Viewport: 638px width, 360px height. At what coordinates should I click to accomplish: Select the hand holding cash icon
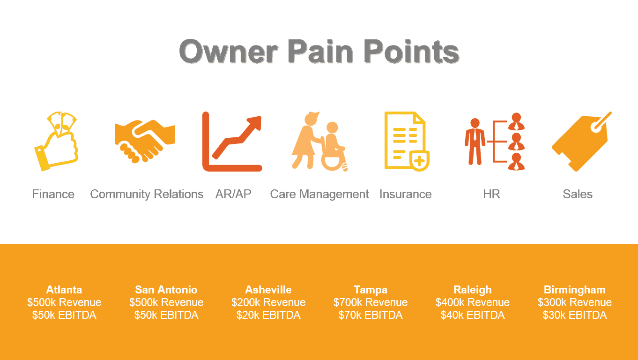pyautogui.click(x=56, y=142)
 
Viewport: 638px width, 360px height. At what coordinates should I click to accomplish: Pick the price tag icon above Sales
pyautogui.click(x=581, y=142)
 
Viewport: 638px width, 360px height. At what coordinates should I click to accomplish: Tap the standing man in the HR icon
pyautogui.click(x=475, y=142)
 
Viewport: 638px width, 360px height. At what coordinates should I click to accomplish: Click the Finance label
pyautogui.click(x=53, y=194)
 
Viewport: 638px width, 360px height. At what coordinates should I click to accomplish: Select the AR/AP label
pyautogui.click(x=233, y=194)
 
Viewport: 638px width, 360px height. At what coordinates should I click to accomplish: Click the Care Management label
pyautogui.click(x=319, y=195)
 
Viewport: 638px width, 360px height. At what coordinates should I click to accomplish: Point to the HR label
pyautogui.click(x=491, y=194)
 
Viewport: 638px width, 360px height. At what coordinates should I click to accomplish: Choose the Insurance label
pyautogui.click(x=406, y=194)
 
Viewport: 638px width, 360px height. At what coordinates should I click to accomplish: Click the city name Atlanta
pyautogui.click(x=64, y=290)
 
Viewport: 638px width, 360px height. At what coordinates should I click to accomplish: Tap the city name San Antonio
pyautogui.click(x=166, y=290)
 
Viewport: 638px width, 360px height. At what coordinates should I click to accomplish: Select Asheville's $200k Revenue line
pyautogui.click(x=268, y=302)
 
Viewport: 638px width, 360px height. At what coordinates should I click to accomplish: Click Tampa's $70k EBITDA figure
pyautogui.click(x=370, y=315)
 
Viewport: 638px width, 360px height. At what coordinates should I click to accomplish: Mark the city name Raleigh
pyautogui.click(x=473, y=290)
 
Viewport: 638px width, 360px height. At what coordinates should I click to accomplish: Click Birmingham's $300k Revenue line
pyautogui.click(x=574, y=302)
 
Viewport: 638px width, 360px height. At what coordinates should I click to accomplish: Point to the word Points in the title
pyautogui.click(x=411, y=52)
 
